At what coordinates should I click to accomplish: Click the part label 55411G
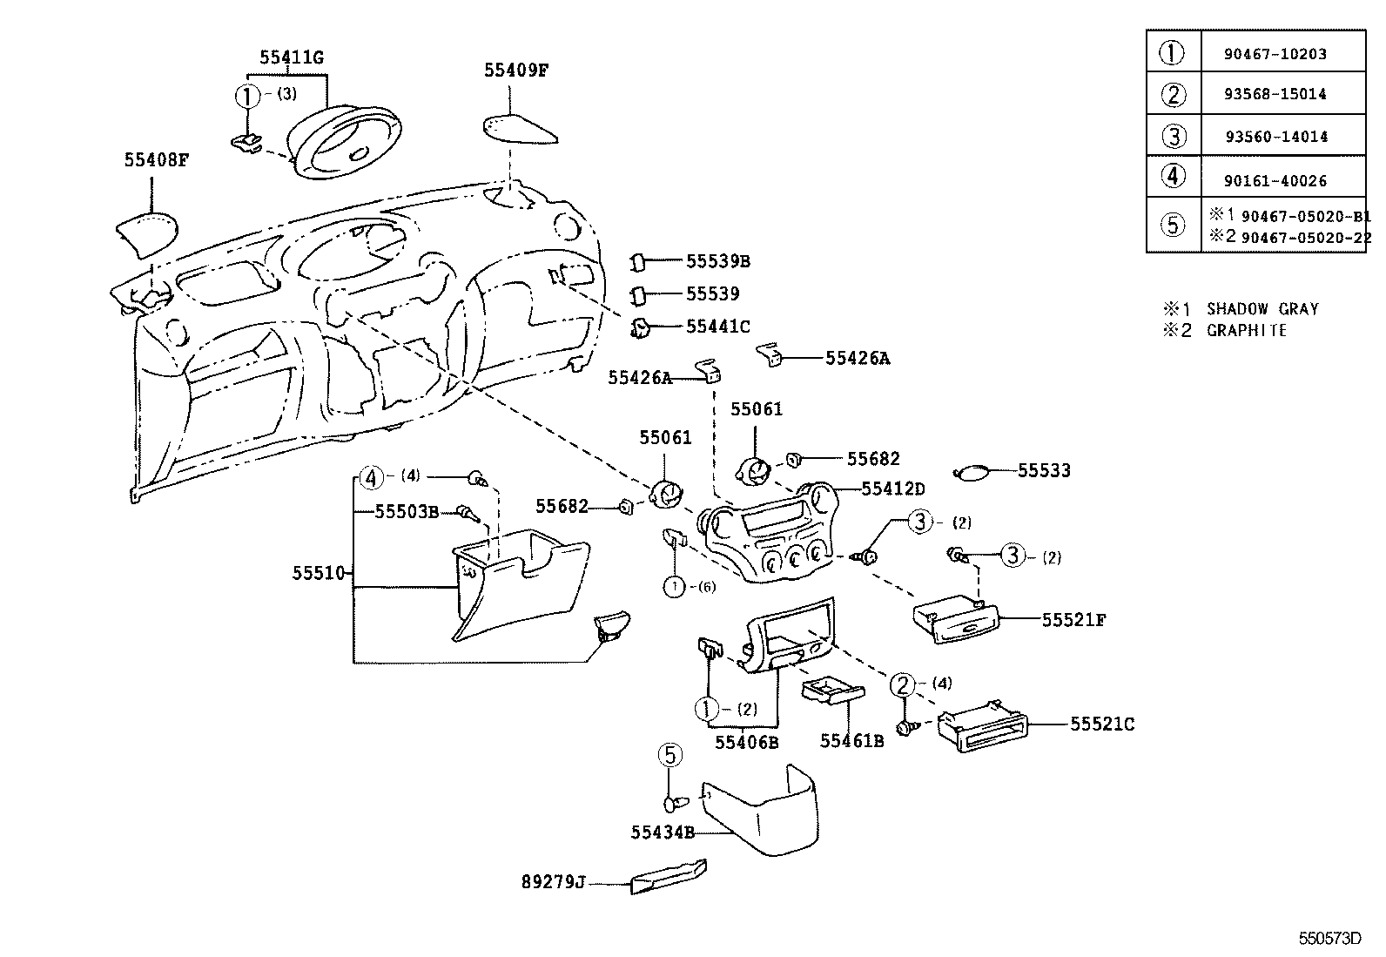pyautogui.click(x=291, y=57)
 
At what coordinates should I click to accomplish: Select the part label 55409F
pyautogui.click(x=516, y=71)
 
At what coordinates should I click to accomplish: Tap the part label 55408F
pyautogui.click(x=156, y=159)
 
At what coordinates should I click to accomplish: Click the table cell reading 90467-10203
pyautogui.click(x=1275, y=54)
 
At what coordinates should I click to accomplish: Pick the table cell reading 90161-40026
pyautogui.click(x=1275, y=181)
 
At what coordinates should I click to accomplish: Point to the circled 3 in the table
pyautogui.click(x=1174, y=136)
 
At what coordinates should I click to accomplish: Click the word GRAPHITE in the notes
pyautogui.click(x=1246, y=330)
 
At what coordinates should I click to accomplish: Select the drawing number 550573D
pyautogui.click(x=1329, y=938)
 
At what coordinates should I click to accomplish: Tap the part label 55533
pyautogui.click(x=1044, y=470)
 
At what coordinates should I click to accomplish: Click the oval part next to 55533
pyautogui.click(x=972, y=473)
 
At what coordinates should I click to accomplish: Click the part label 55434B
pyautogui.click(x=662, y=832)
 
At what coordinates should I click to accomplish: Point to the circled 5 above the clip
pyautogui.click(x=669, y=755)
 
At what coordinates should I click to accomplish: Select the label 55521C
pyautogui.click(x=1101, y=724)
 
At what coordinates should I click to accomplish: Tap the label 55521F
pyautogui.click(x=1073, y=620)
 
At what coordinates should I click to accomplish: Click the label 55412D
pyautogui.click(x=893, y=489)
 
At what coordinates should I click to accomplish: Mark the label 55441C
pyautogui.click(x=717, y=326)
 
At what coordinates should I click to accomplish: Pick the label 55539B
pyautogui.click(x=717, y=260)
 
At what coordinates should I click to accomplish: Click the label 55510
pyautogui.click(x=320, y=573)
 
